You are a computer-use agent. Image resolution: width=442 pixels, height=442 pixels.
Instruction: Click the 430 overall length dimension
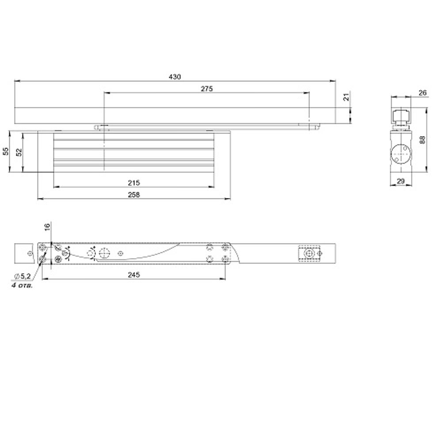click(175, 76)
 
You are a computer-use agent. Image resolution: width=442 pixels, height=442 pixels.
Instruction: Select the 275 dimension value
click(206, 89)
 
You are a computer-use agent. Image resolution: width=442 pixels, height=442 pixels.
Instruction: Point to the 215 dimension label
click(133, 183)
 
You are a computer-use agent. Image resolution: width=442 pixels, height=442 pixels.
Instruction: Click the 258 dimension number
click(133, 195)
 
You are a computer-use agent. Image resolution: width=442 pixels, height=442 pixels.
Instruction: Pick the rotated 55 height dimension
click(6, 151)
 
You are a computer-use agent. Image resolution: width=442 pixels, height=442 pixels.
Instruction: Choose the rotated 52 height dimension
click(19, 152)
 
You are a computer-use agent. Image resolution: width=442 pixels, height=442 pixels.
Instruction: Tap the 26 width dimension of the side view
click(422, 92)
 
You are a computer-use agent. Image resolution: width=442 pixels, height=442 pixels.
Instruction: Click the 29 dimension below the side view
click(400, 181)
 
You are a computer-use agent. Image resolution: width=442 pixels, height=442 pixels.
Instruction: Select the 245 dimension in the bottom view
click(133, 274)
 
